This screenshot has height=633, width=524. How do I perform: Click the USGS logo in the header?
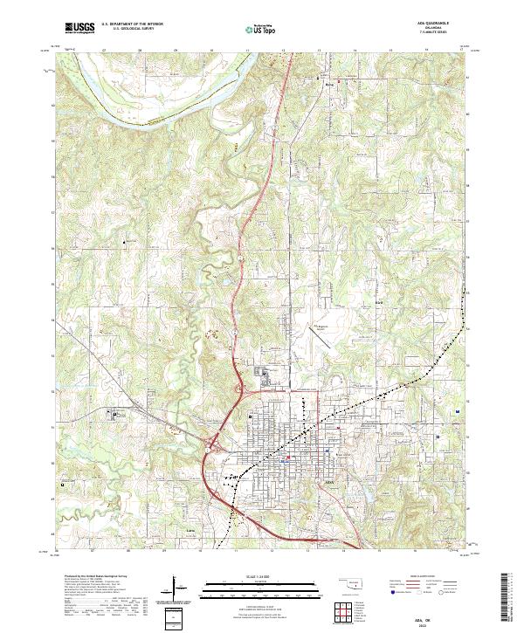pos(79,29)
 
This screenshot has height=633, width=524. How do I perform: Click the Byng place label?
pos(330,85)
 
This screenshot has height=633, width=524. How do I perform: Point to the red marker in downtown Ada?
pos(289,456)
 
